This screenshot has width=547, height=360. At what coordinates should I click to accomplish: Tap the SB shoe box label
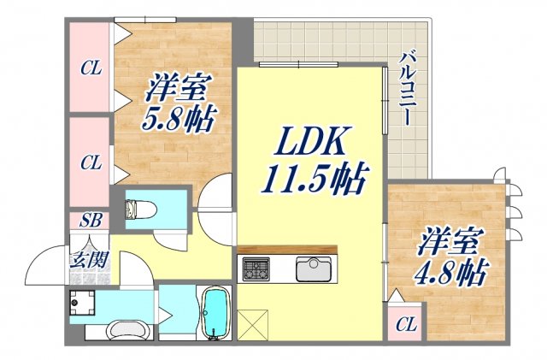91,220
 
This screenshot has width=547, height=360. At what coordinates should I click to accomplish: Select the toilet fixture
139,210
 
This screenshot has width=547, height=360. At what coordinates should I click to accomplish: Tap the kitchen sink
314,269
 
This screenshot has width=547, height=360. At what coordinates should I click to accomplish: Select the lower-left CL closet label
91,161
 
